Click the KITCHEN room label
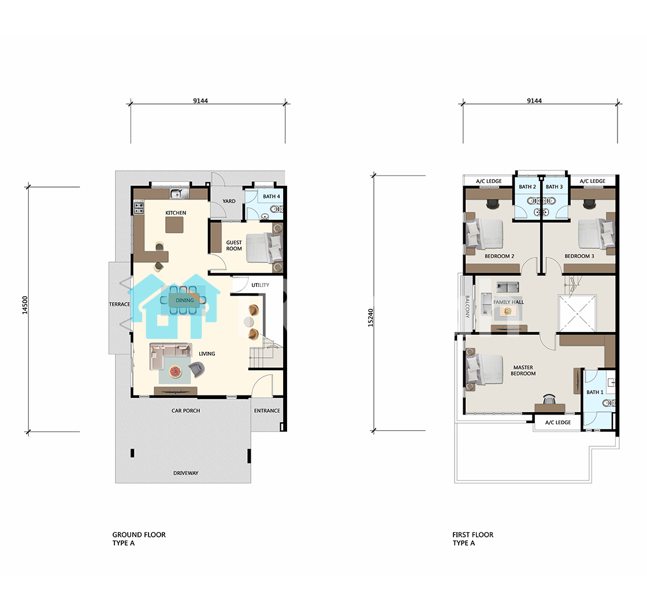(x=176, y=213)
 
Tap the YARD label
(x=229, y=201)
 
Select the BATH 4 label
(x=272, y=196)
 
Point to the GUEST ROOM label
(x=234, y=245)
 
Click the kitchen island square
(x=174, y=225)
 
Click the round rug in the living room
(x=176, y=372)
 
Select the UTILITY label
(x=261, y=285)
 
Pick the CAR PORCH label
(x=185, y=411)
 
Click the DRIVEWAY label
(x=185, y=473)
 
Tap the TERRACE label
(x=119, y=304)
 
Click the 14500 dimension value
(x=25, y=305)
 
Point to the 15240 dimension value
(x=370, y=318)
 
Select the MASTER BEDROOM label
(x=523, y=370)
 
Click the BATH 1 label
(x=594, y=392)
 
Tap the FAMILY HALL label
(x=508, y=302)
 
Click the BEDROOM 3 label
(x=579, y=256)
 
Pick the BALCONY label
(x=467, y=307)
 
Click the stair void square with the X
(x=577, y=314)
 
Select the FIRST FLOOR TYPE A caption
(x=473, y=539)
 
